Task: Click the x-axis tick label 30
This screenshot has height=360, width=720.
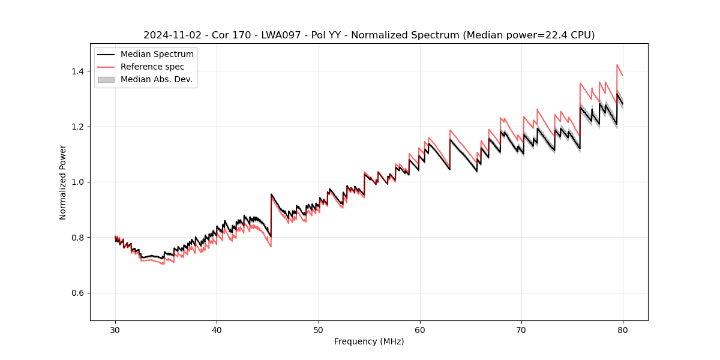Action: click(x=115, y=329)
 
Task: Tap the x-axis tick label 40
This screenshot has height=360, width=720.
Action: click(x=217, y=329)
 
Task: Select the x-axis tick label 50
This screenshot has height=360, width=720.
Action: click(x=319, y=329)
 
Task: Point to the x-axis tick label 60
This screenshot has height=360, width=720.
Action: click(x=420, y=329)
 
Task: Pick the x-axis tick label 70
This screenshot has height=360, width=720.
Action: click(x=521, y=329)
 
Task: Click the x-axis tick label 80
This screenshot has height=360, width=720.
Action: click(x=623, y=329)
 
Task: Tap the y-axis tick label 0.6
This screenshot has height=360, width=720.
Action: click(x=78, y=293)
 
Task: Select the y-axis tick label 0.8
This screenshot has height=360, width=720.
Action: click(x=78, y=238)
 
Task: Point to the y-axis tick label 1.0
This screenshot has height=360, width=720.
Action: click(x=78, y=182)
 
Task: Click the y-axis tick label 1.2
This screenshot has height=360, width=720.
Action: click(x=78, y=127)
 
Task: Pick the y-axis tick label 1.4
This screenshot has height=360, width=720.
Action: click(x=78, y=71)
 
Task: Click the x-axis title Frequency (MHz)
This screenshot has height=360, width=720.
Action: click(x=369, y=341)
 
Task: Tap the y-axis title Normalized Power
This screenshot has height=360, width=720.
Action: click(x=63, y=182)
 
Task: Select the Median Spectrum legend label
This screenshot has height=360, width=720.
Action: click(x=157, y=55)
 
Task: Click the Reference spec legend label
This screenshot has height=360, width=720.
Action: click(x=152, y=67)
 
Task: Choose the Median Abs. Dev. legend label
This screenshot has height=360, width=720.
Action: click(x=157, y=79)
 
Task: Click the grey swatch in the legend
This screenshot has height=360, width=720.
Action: click(x=106, y=79)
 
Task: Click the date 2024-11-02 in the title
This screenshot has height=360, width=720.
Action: click(x=171, y=35)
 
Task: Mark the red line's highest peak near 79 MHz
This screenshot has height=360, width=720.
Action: click(x=617, y=65)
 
